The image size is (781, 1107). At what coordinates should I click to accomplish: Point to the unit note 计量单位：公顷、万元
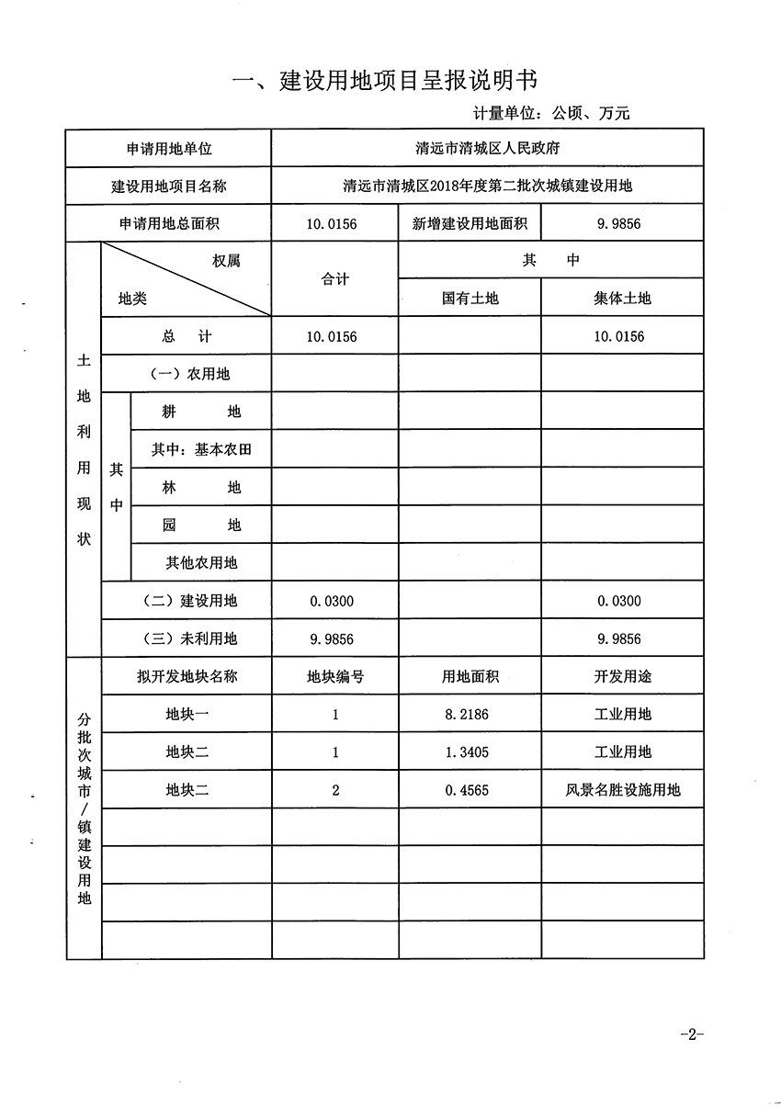click(x=551, y=114)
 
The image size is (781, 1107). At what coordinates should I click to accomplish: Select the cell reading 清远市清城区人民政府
click(x=488, y=148)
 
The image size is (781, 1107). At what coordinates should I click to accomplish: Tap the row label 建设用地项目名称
click(x=168, y=186)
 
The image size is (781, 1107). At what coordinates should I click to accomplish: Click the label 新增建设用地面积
click(x=470, y=223)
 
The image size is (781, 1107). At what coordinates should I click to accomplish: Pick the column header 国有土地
click(x=470, y=299)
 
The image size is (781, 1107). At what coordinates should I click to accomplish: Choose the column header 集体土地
click(x=621, y=299)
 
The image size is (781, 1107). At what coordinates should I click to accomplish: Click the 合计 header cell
click(x=335, y=279)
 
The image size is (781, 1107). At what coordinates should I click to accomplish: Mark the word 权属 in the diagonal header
click(x=226, y=261)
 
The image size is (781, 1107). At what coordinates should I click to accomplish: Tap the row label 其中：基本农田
click(x=201, y=450)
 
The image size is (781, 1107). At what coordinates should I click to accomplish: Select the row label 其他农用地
click(x=201, y=562)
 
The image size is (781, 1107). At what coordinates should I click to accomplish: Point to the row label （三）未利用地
click(x=187, y=638)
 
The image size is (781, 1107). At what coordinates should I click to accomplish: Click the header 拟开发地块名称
click(x=187, y=676)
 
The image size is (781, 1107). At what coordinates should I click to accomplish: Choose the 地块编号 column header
click(x=335, y=676)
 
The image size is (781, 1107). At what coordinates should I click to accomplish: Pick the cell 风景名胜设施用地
click(x=623, y=789)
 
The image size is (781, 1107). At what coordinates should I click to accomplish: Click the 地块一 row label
click(x=187, y=714)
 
